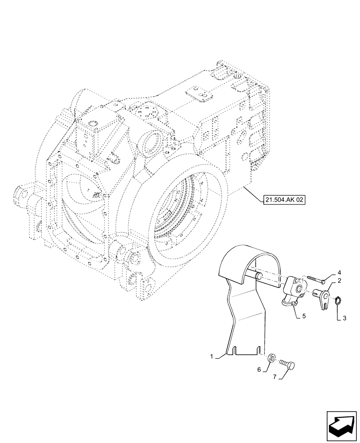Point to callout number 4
tap(339, 272)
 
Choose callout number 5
tap(304, 317)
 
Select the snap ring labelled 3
tap(338, 301)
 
